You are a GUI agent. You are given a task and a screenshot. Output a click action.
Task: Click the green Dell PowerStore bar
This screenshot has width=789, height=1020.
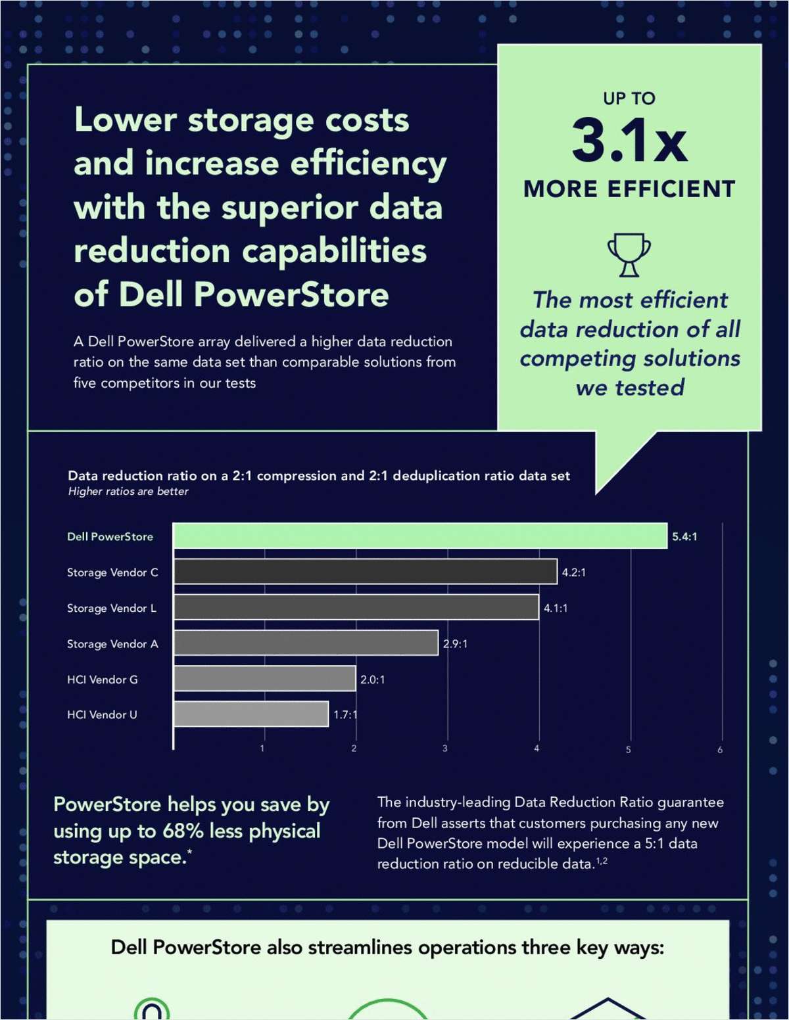[x=420, y=536]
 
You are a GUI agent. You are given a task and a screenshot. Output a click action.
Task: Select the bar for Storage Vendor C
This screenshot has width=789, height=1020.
[x=365, y=572]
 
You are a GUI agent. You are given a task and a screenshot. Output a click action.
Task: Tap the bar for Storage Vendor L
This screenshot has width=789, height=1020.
[x=356, y=607]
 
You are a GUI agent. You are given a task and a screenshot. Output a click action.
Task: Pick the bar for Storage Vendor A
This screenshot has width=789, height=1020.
[x=306, y=643]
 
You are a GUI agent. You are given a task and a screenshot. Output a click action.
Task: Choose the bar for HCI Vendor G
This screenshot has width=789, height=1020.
[x=264, y=679]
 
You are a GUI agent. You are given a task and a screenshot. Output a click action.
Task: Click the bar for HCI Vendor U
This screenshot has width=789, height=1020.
[x=251, y=714]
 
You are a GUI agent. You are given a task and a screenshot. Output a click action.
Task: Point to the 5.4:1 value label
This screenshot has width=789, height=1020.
[x=684, y=536]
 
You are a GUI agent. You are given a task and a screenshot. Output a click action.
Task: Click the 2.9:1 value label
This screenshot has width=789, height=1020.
[x=455, y=643]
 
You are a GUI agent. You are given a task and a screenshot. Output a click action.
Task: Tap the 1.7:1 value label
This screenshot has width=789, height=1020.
[x=345, y=714]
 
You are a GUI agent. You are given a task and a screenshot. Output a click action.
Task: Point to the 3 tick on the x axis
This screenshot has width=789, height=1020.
[x=445, y=749]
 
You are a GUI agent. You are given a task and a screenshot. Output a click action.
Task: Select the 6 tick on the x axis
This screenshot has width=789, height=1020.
[x=720, y=749]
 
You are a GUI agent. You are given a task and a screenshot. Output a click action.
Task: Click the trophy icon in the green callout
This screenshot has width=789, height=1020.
[x=629, y=254]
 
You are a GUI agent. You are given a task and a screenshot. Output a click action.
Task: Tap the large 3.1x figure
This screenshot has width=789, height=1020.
[x=629, y=140]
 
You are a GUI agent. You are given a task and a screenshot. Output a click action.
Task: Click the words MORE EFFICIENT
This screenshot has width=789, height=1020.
[x=629, y=189]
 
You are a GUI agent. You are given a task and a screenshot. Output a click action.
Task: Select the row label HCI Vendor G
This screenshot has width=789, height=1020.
[x=103, y=680]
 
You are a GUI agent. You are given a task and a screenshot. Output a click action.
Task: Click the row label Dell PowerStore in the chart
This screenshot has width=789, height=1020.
[x=110, y=536]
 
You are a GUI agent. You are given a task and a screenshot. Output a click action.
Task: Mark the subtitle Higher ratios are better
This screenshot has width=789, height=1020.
[x=128, y=492]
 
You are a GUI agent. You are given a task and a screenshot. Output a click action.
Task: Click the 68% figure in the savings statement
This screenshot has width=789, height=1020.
[x=183, y=831]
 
